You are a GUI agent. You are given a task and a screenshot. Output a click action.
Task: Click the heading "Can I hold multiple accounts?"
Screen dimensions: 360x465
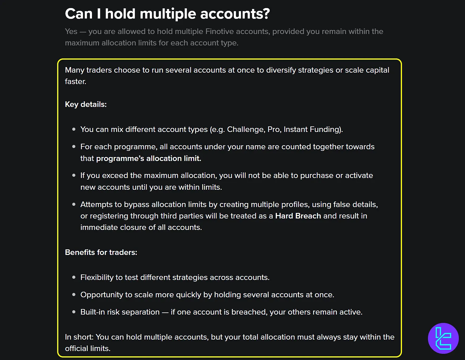tap(167, 14)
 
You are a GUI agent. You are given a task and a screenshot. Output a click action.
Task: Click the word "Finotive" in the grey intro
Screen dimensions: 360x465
tap(220, 32)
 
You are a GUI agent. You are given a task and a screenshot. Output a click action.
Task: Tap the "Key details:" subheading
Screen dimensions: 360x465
tap(86, 104)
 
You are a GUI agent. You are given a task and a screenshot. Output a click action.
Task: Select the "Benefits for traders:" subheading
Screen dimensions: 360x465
tap(101, 252)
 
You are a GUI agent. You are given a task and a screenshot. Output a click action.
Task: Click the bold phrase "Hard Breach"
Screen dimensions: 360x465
tap(298, 216)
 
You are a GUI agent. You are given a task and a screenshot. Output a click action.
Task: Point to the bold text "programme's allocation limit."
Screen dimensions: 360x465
tap(149, 159)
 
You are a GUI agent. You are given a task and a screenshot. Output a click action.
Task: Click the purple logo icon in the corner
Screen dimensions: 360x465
tap(443, 338)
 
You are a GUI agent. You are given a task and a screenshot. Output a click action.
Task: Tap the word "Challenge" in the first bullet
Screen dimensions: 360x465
tap(246, 129)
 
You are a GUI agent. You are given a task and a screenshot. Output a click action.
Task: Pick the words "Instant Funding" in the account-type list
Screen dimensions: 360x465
tap(312, 129)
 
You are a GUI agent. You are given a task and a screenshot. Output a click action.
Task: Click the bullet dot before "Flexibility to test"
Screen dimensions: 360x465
tap(74, 277)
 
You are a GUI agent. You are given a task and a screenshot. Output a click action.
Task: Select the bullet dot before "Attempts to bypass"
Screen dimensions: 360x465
tap(74, 204)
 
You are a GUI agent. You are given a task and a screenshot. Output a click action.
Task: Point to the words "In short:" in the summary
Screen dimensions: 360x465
tap(79, 337)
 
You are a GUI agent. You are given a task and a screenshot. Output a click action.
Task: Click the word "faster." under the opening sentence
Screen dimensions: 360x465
tap(75, 82)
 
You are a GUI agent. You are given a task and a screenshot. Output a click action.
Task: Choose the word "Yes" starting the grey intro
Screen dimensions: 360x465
tap(71, 32)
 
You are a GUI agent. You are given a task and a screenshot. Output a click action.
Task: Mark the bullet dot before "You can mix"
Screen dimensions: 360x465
tap(74, 129)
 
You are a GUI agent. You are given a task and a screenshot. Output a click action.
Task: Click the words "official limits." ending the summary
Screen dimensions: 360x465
tap(88, 349)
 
